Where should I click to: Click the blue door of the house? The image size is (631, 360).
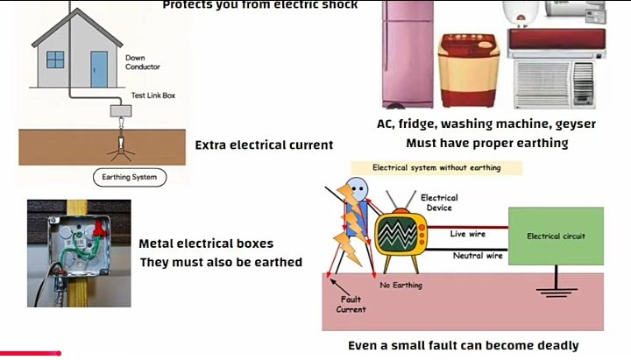pos(99,68)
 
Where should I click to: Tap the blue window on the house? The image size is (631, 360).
pos(56,60)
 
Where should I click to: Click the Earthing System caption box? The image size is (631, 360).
pos(130,176)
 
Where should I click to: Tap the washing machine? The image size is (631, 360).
pos(470,72)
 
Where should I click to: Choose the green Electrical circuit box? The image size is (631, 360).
pos(556,236)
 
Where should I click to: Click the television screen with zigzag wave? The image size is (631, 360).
pos(400,235)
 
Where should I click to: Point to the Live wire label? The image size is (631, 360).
pos(469,233)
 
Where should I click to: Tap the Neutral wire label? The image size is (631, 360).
pos(477,256)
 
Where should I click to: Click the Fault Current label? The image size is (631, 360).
pos(351,304)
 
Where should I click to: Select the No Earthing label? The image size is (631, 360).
pos(401,286)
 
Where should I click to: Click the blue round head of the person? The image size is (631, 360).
pos(358,189)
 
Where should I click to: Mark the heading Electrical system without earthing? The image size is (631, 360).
pos(436,167)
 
